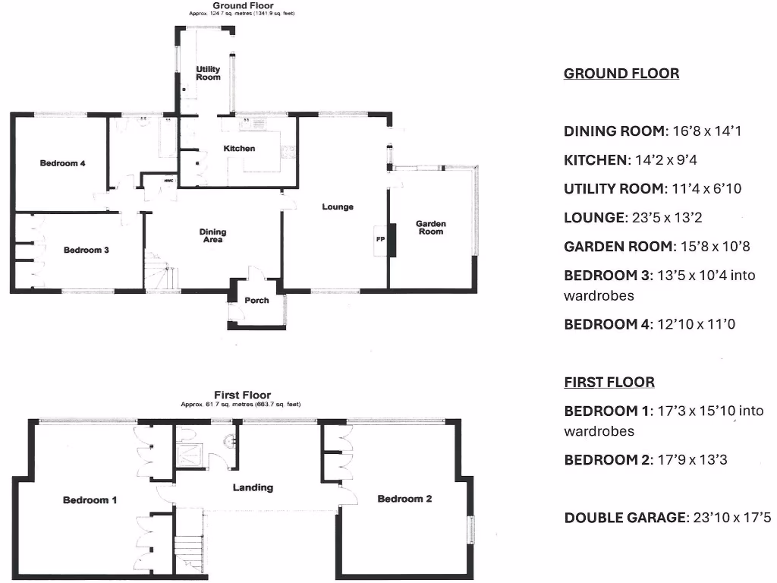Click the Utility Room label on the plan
click(x=208, y=73)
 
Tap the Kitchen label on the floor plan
click(x=239, y=149)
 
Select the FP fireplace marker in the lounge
click(x=380, y=238)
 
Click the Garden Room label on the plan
click(x=431, y=228)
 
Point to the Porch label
click(x=256, y=300)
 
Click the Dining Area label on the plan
click(x=212, y=236)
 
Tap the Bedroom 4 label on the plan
click(x=63, y=163)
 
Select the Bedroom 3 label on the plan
click(x=86, y=250)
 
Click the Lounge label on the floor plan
click(x=338, y=206)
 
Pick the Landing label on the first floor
click(x=253, y=487)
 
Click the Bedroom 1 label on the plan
click(x=90, y=499)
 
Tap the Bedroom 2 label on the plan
click(x=404, y=499)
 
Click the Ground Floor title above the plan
click(x=243, y=5)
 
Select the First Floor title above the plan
click(x=242, y=395)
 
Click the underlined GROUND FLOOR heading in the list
click(x=621, y=74)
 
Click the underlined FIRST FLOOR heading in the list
click(x=609, y=383)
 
